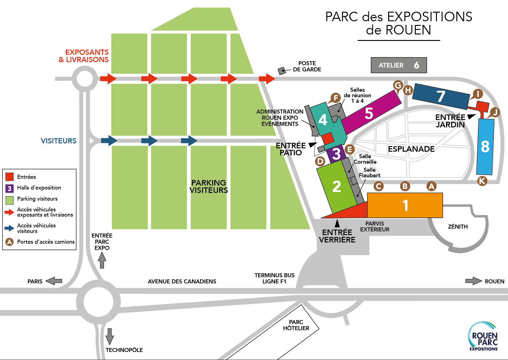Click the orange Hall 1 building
[405, 205]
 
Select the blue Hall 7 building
[441, 96]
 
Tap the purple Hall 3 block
[336, 154]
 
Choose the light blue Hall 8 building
[485, 146]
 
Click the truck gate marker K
[482, 181]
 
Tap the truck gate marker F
[335, 98]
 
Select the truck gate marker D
[320, 161]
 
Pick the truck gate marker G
[398, 85]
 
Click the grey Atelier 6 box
[399, 65]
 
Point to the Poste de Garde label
[307, 66]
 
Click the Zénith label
[458, 227]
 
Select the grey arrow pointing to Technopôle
[109, 336]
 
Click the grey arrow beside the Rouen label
[473, 281]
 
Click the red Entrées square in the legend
[10, 177]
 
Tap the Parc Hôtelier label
[296, 325]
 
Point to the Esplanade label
[411, 149]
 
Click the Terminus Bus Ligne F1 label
[274, 278]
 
